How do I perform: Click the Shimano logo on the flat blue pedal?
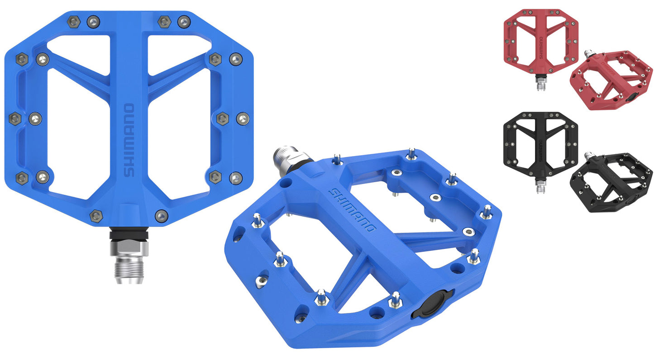(x=129, y=140)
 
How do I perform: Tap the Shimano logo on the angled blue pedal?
(x=352, y=210)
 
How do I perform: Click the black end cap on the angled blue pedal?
(x=432, y=304)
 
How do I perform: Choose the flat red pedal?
(x=541, y=44)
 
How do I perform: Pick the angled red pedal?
(x=611, y=80)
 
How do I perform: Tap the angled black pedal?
(x=611, y=182)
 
